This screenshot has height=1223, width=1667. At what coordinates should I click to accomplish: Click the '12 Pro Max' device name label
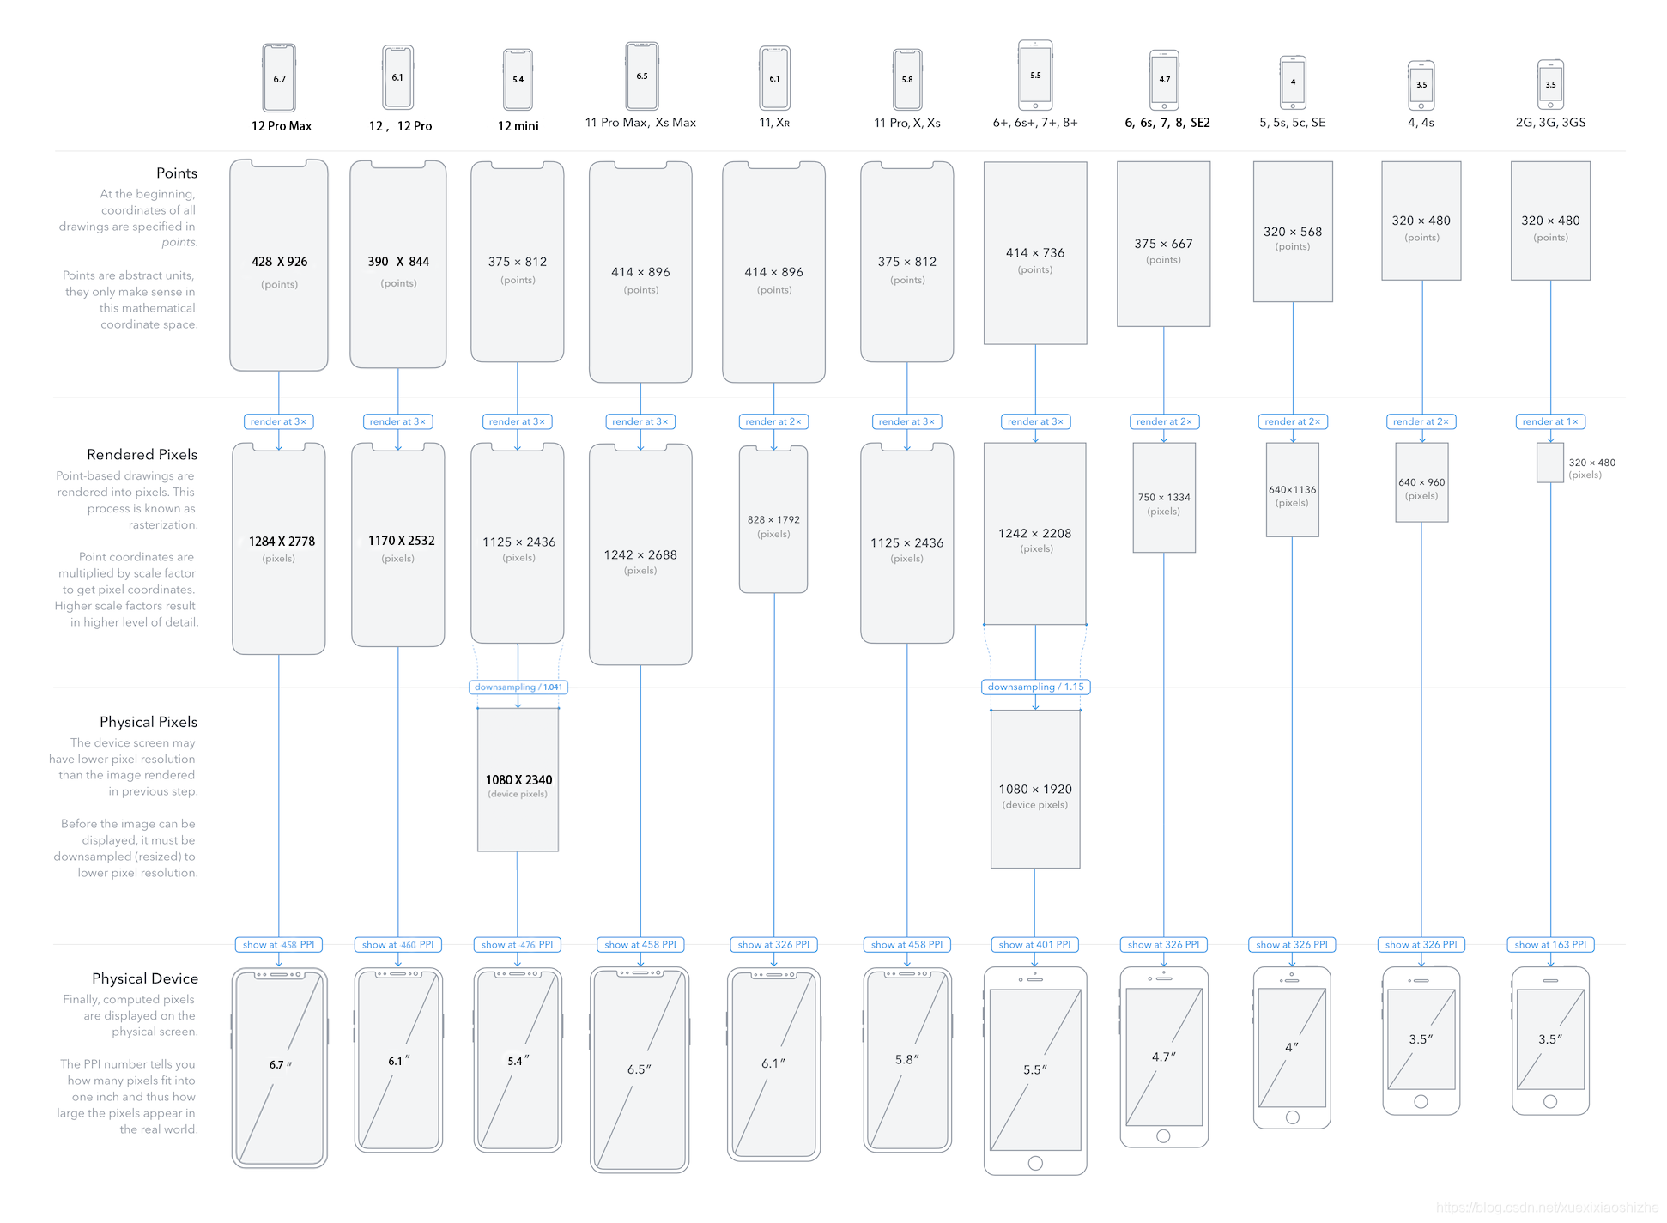(x=282, y=126)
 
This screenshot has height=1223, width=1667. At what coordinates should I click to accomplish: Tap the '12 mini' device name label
(x=518, y=126)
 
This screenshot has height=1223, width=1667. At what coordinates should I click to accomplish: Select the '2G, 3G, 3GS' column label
(x=1550, y=123)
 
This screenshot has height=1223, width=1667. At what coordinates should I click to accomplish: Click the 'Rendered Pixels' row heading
(x=142, y=455)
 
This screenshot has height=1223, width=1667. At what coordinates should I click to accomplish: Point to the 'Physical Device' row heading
(x=145, y=978)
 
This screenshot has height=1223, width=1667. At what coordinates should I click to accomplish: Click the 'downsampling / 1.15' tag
(x=1035, y=687)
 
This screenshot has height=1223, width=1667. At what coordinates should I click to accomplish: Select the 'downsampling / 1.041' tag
(x=518, y=687)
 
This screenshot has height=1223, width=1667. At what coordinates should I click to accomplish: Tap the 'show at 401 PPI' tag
(x=1034, y=944)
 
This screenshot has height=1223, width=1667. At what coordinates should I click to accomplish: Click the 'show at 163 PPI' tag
(x=1550, y=944)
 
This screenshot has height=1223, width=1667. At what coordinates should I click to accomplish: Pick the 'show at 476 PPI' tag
(x=518, y=944)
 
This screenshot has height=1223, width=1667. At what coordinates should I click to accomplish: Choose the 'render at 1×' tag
(x=1550, y=421)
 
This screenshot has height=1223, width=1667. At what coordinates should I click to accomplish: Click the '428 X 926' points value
(x=280, y=262)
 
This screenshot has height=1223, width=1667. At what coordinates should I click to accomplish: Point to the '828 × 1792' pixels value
(x=773, y=520)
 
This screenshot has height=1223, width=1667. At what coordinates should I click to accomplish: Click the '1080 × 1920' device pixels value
(x=1035, y=790)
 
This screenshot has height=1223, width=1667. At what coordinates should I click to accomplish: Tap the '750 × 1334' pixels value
(x=1164, y=498)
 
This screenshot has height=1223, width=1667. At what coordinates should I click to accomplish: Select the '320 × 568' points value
(x=1293, y=232)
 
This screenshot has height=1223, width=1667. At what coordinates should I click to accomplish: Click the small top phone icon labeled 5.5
(x=1035, y=76)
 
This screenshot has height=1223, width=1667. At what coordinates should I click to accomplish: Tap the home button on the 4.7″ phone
(x=1163, y=1135)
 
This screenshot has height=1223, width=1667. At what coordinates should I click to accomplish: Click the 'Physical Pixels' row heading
(x=149, y=722)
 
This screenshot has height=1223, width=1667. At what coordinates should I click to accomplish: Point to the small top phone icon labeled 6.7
(x=279, y=78)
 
